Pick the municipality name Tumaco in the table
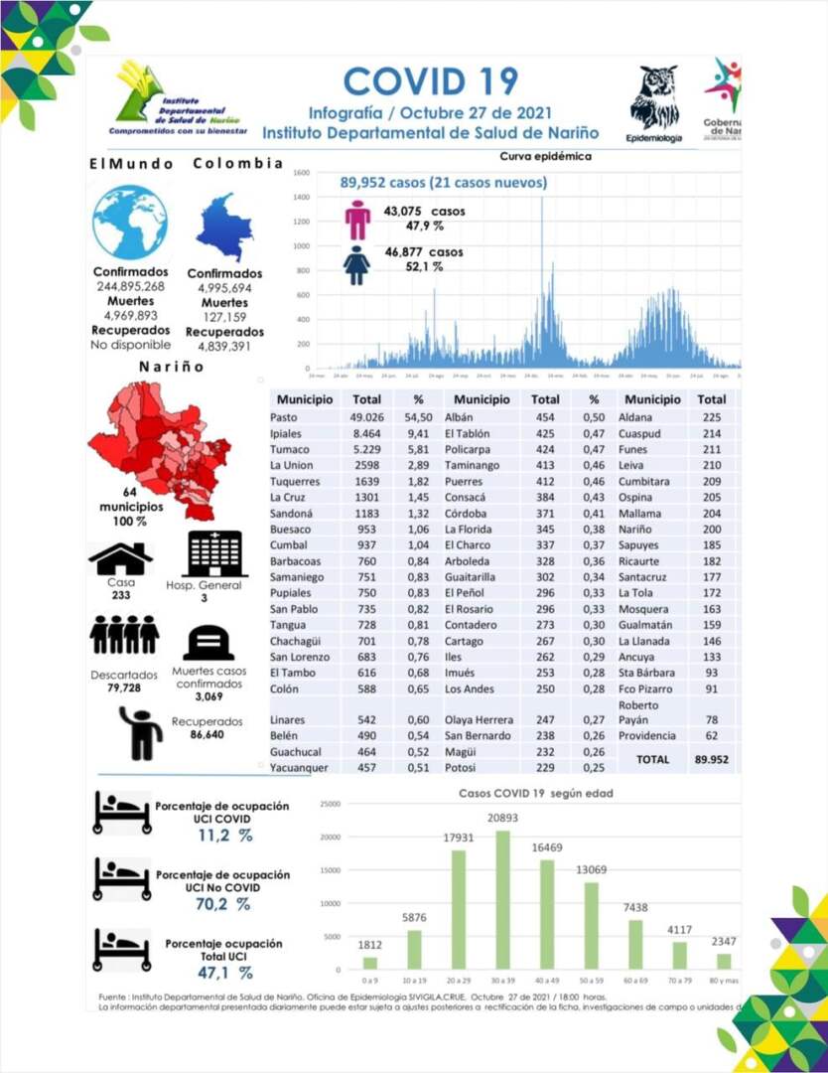pos(291,450)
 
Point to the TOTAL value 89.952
pos(712,759)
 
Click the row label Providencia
pos(646,736)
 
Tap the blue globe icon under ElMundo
pos(129,223)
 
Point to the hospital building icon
pos(216,553)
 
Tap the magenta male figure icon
pos(357,220)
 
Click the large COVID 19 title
pos(431,81)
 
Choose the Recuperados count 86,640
pos(207,735)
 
